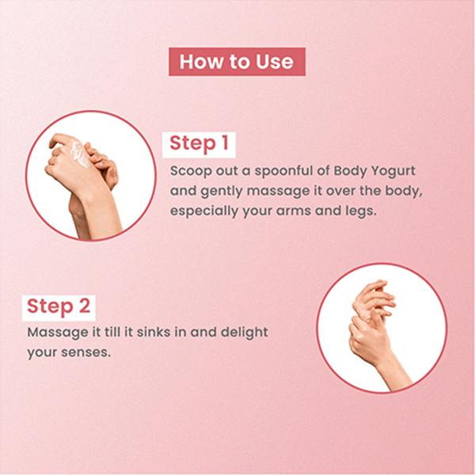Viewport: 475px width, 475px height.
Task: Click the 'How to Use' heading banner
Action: click(237, 62)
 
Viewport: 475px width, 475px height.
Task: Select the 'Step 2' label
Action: click(59, 308)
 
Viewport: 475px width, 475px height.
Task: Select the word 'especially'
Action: click(204, 211)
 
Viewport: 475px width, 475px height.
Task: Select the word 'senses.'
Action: click(85, 352)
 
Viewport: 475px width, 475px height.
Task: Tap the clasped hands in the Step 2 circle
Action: click(373, 321)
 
